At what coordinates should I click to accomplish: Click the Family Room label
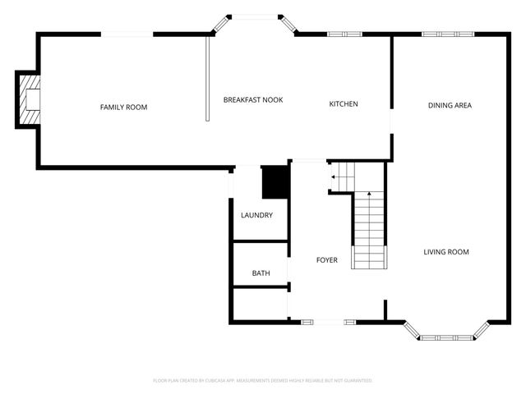point(123,107)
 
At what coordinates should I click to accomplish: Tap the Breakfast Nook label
point(253,99)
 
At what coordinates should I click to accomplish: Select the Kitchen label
point(344,103)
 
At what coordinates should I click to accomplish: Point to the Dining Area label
point(450,105)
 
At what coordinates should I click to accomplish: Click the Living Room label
point(446,252)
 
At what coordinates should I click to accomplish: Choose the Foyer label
point(327,260)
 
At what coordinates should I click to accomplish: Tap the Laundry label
point(256,215)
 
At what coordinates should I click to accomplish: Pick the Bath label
point(261,273)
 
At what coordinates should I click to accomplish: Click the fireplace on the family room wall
point(29,99)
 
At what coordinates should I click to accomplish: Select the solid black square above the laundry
point(275,182)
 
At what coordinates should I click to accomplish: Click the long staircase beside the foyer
point(369,230)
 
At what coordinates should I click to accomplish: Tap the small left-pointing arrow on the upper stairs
point(334,176)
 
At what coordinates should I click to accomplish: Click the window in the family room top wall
point(127,34)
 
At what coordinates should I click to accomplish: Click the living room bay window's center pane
point(449,337)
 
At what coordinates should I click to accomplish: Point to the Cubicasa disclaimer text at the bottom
point(263,381)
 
